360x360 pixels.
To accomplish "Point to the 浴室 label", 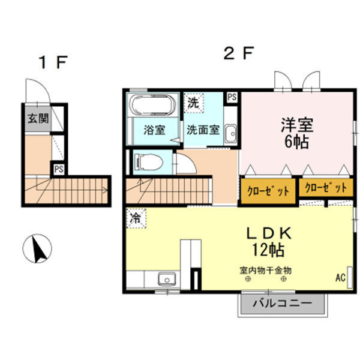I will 154,130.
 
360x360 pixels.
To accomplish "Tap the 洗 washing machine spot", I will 193,103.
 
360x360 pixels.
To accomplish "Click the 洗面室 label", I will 202,130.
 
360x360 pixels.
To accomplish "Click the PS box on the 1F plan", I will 59,169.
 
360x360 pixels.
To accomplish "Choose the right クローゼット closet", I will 326,188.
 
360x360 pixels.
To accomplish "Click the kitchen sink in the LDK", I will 166,278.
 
